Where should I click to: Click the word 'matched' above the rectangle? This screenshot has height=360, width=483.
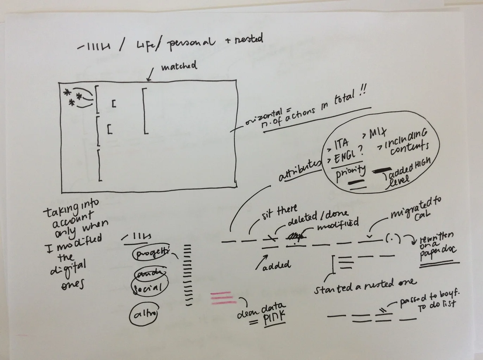coord(179,66)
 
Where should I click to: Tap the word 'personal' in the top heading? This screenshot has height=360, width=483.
coord(191,43)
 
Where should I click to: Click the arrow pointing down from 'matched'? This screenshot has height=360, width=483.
coord(151,74)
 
